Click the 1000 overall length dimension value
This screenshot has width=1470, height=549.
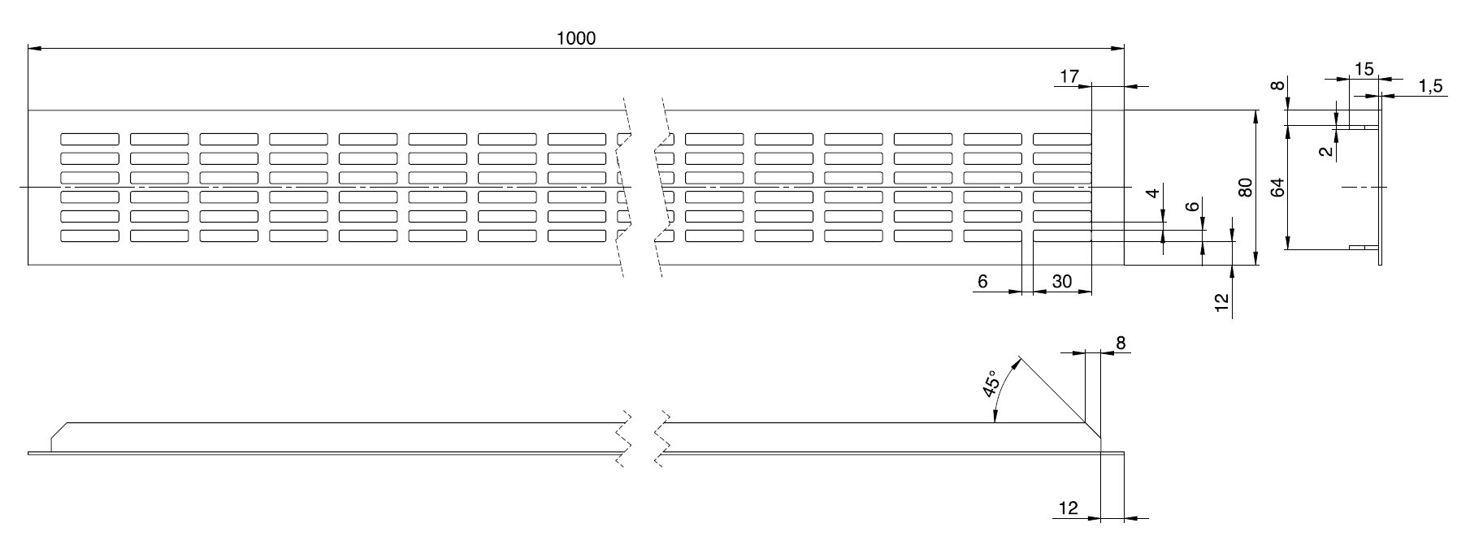click(576, 38)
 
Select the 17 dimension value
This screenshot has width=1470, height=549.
click(1069, 76)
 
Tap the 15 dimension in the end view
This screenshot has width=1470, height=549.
click(1364, 69)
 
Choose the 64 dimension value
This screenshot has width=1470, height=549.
click(1277, 188)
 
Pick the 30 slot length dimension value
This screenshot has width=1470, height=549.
click(1061, 282)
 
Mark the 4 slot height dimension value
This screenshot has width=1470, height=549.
click(1152, 195)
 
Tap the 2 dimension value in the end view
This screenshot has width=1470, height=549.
click(1326, 151)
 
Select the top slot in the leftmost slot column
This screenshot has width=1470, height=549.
click(89, 139)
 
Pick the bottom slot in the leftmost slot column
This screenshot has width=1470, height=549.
click(89, 236)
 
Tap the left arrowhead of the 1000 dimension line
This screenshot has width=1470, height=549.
click(34, 49)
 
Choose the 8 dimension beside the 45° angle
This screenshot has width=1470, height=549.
click(1121, 344)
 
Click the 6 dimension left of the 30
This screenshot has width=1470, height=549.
click(982, 282)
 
